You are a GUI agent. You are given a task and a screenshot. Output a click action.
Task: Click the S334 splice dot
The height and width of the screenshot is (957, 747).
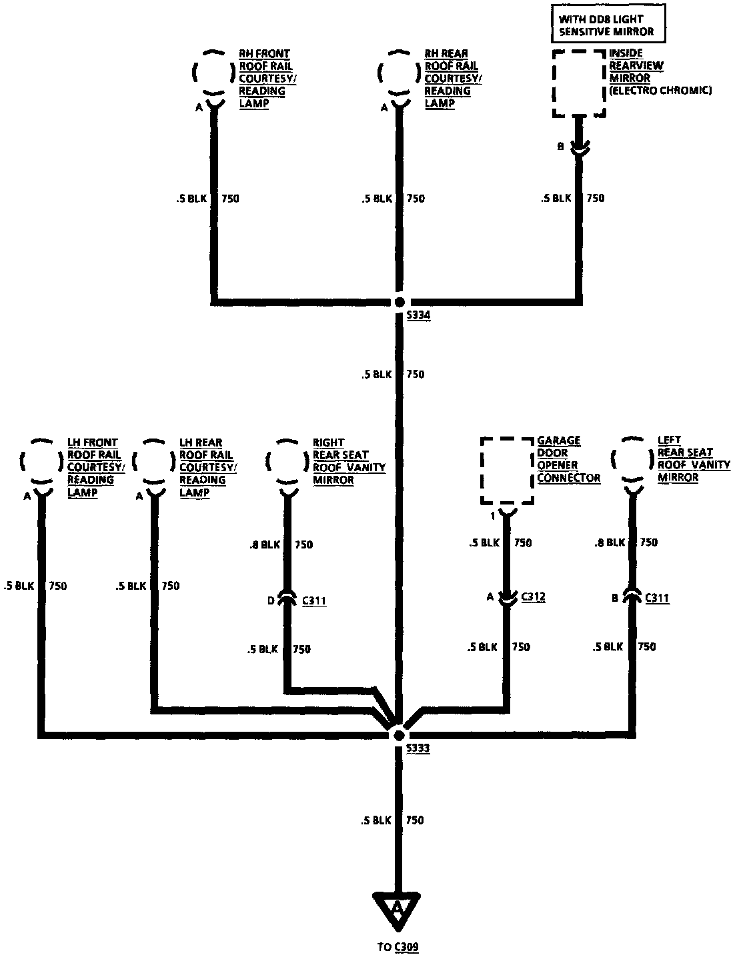point(399,302)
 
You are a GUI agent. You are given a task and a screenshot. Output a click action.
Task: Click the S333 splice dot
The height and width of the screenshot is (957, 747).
point(399,735)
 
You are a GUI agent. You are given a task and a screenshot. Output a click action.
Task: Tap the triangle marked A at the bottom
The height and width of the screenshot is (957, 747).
point(398,910)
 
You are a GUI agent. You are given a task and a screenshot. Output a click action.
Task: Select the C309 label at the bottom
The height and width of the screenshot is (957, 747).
point(406,946)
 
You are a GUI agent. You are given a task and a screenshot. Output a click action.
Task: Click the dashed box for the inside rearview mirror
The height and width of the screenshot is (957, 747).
point(579,83)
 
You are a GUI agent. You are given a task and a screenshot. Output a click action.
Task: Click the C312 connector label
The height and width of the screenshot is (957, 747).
point(533,597)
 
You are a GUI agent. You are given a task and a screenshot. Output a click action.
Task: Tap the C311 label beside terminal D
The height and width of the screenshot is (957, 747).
point(314,601)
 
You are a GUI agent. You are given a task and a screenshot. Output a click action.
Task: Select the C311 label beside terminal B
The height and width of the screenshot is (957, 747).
point(657,598)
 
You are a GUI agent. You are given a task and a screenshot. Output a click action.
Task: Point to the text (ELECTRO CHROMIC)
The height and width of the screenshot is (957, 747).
point(660,91)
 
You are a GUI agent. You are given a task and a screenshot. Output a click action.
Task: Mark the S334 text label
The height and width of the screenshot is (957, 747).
point(418,316)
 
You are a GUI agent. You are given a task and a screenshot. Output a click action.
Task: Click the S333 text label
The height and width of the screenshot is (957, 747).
point(418,748)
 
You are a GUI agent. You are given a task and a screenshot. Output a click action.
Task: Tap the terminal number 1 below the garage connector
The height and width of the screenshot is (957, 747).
point(493,516)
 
